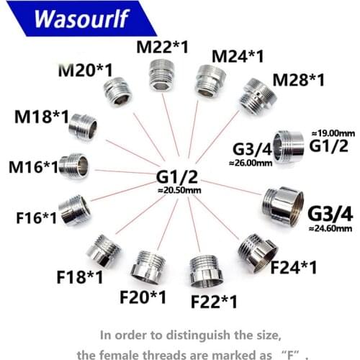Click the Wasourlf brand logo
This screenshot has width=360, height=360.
click(x=81, y=18)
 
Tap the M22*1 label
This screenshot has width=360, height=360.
click(x=163, y=47)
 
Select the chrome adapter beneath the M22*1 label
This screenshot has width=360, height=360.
click(x=161, y=76)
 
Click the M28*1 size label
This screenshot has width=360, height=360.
click(x=299, y=80)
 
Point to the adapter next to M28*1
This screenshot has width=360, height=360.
click(x=258, y=96)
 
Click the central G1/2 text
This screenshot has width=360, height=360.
click(x=177, y=177)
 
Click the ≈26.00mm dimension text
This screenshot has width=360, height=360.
click(x=251, y=163)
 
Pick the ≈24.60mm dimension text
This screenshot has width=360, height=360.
click(x=330, y=228)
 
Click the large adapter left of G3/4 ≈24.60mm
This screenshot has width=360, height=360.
click(x=283, y=206)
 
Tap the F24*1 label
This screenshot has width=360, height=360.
click(x=294, y=267)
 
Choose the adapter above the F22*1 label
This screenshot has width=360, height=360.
click(x=206, y=271)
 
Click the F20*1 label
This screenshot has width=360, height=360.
click(x=143, y=297)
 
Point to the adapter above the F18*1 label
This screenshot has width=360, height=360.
click(x=104, y=251)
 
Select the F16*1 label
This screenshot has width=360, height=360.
click(x=36, y=217)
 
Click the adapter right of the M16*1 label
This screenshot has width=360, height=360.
click(x=73, y=166)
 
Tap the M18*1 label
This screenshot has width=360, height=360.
click(x=42, y=117)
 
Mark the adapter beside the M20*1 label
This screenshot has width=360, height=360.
click(x=117, y=92)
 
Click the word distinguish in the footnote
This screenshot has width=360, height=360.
click(x=198, y=335)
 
